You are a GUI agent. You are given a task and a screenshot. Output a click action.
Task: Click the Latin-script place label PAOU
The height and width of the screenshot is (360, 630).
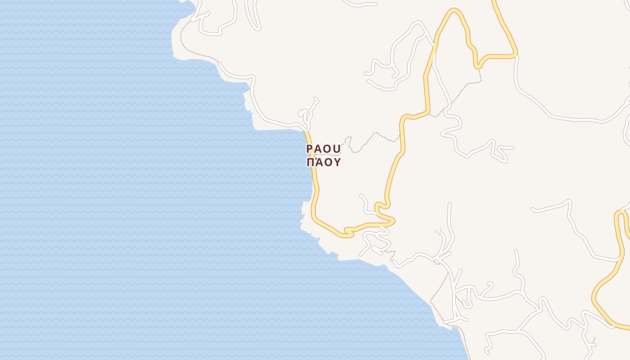pyautogui.click(x=324, y=148)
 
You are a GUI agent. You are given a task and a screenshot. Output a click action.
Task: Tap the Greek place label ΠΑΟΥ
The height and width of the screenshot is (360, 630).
pyautogui.click(x=324, y=162)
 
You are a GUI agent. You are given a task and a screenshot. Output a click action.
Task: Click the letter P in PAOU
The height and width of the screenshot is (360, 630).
pyautogui.click(x=310, y=148)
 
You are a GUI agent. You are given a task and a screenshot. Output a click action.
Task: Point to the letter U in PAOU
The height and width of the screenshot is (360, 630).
pyautogui.click(x=338, y=148)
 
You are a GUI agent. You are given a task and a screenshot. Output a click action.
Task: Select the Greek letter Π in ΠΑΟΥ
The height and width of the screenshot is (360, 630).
pyautogui.click(x=310, y=162)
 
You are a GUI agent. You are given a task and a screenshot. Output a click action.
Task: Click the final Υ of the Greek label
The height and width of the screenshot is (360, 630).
pyautogui.click(x=337, y=162)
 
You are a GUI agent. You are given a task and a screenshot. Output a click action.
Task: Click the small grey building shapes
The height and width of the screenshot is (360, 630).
pyautogui.click(x=437, y=231)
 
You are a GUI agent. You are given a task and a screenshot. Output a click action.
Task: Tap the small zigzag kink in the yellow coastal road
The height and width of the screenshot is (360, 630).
pyautogui.click(x=346, y=232)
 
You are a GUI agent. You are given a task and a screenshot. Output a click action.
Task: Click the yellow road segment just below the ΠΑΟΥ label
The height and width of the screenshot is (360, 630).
pyautogui.click(x=315, y=180)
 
